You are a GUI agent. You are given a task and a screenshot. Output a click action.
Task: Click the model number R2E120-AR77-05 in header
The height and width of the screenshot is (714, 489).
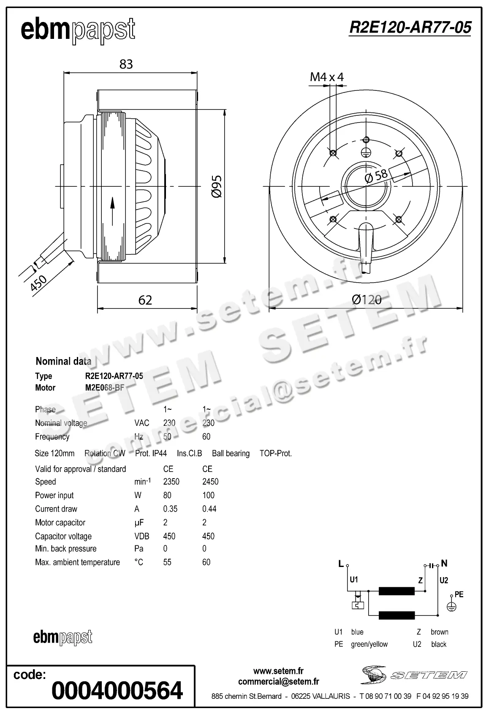[410, 27]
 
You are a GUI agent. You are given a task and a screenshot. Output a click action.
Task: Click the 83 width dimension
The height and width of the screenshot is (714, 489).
[126, 64]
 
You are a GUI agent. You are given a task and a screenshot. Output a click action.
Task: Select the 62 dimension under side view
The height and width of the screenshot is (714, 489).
[145, 300]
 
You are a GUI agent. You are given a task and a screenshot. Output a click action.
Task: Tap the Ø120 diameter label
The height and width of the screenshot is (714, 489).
[367, 300]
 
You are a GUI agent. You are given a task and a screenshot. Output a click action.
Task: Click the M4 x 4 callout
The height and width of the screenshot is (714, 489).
[326, 77]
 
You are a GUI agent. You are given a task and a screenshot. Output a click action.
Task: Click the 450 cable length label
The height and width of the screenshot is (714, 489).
[38, 283]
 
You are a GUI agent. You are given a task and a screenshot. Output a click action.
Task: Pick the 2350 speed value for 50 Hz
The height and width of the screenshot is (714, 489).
[171, 482]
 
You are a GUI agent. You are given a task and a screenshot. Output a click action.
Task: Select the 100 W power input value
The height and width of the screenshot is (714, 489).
[208, 495]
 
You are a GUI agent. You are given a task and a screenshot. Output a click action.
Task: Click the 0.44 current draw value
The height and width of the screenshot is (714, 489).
[209, 509]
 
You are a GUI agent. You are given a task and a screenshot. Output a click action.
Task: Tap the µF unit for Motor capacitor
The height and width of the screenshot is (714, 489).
[139, 523]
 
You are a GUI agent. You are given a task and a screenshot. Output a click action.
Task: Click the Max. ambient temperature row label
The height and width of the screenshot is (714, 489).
[77, 562]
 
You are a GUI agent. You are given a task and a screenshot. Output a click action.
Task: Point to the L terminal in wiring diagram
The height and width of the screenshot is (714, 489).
[341, 564]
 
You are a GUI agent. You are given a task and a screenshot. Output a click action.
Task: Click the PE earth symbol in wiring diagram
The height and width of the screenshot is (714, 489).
[452, 606]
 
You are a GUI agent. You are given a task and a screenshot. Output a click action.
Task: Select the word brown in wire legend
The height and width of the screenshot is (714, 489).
[439, 632]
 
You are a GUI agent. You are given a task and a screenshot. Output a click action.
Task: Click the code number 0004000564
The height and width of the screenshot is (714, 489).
[117, 690]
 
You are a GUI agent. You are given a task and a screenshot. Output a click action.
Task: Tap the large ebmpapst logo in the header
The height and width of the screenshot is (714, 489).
[78, 30]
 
